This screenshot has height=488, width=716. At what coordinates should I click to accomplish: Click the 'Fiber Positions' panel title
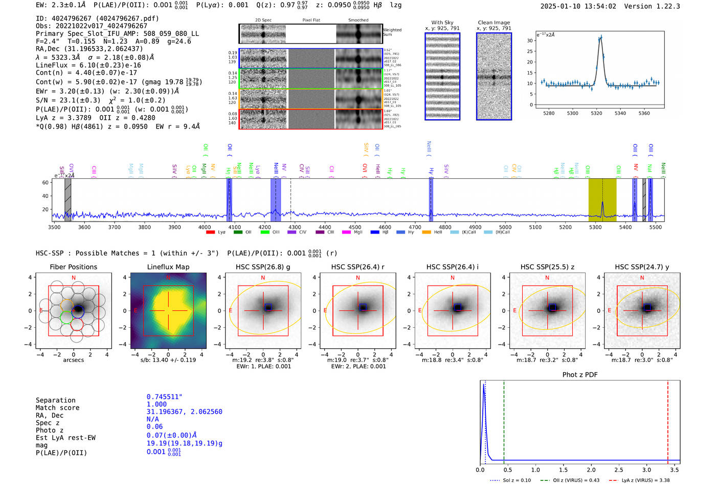[73, 267]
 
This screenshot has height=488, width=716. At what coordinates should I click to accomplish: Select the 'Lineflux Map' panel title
[168, 267]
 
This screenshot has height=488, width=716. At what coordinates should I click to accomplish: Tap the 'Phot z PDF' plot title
[580, 375]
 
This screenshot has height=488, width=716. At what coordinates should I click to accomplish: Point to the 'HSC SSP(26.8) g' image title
[263, 267]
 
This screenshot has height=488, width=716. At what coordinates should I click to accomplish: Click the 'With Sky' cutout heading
[442, 23]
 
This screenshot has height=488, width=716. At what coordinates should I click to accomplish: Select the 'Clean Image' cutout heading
[494, 23]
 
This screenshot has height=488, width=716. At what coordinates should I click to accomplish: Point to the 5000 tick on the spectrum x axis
[505, 227]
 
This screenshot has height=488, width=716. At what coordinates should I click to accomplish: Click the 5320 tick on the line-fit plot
[596, 113]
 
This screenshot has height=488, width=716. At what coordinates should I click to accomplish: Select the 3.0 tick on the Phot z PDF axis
[646, 470]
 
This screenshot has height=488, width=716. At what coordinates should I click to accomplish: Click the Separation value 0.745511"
[164, 397]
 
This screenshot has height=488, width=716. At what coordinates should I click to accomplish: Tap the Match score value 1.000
[156, 405]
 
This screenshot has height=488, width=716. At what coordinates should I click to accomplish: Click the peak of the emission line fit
[600, 37]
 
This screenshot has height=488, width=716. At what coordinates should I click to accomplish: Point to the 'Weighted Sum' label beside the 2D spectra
[392, 32]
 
